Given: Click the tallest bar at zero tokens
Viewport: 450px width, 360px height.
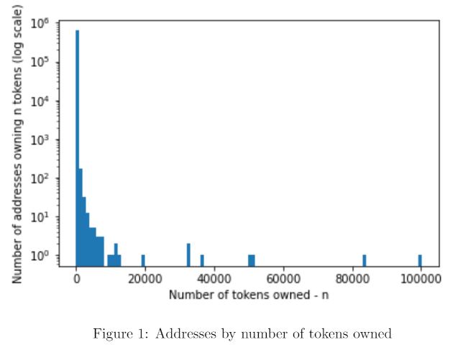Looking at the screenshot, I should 77,144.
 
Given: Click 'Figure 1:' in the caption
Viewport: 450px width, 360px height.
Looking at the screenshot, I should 116,333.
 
